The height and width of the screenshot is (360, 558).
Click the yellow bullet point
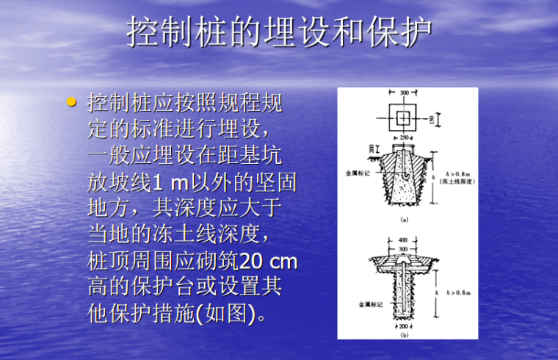[71, 102]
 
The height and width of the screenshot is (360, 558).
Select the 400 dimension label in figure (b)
[403, 240]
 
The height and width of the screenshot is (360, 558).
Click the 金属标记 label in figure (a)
[358, 173]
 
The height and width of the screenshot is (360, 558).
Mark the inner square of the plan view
[403, 118]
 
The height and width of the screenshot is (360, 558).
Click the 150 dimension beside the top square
[431, 118]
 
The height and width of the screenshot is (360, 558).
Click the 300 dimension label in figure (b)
[403, 249]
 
